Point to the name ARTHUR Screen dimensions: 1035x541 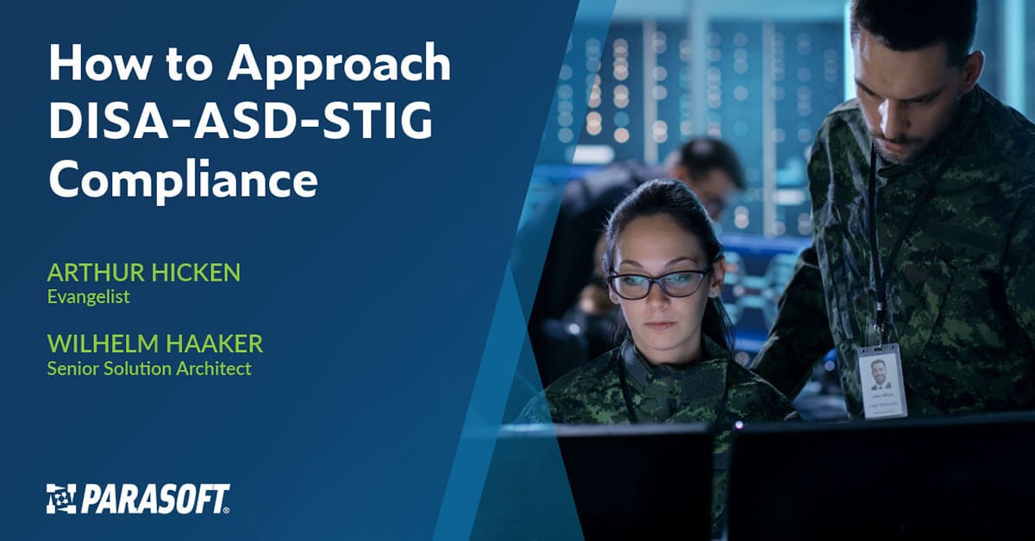click(x=96, y=273)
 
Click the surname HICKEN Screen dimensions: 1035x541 click(x=196, y=273)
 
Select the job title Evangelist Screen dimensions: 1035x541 click(x=88, y=297)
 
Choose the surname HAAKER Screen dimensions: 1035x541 click(x=215, y=344)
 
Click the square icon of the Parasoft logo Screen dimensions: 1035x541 click(x=61, y=499)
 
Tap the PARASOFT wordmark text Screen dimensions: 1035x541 click(x=155, y=499)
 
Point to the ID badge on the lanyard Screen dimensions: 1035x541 click(x=881, y=381)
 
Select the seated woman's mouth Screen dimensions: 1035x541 click(x=661, y=325)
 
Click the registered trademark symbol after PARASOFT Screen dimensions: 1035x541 click(x=226, y=511)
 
